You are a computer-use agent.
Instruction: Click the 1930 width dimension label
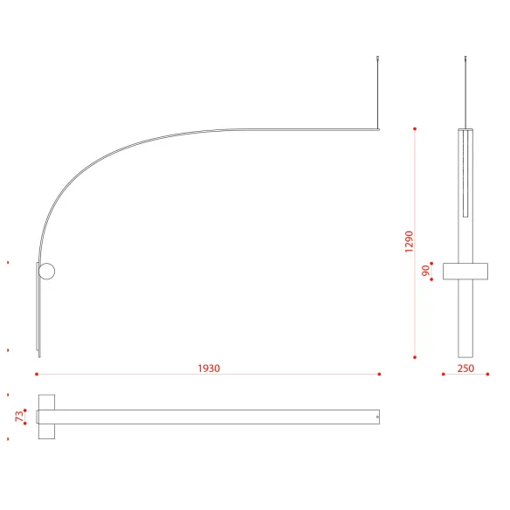pyautogui.click(x=209, y=369)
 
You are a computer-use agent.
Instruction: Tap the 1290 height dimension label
pyautogui.click(x=409, y=242)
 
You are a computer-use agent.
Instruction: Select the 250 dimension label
pyautogui.click(x=465, y=369)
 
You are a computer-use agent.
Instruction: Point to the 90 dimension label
pyautogui.click(x=425, y=271)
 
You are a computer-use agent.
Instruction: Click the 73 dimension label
pyautogui.click(x=19, y=417)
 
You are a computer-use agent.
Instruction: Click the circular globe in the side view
pyautogui.click(x=47, y=272)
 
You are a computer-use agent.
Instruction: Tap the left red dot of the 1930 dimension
pyautogui.click(x=37, y=375)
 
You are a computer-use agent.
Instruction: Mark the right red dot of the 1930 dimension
pyautogui.click(x=379, y=375)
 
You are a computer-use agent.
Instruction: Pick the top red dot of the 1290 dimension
pyautogui.click(x=415, y=129)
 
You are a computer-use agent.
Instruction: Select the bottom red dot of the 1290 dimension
pyautogui.click(x=415, y=357)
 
